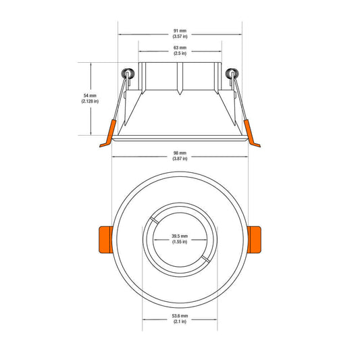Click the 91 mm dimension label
pos(180,31)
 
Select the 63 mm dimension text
pos(180,48)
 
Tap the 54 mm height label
pos(90,95)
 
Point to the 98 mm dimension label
pos(180,153)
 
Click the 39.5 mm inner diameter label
pos(180,236)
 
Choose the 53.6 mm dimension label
pos(180,316)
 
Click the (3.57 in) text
pos(180,36)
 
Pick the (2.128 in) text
pos(90,101)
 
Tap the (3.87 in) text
pos(180,159)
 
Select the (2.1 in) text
pos(180,322)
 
